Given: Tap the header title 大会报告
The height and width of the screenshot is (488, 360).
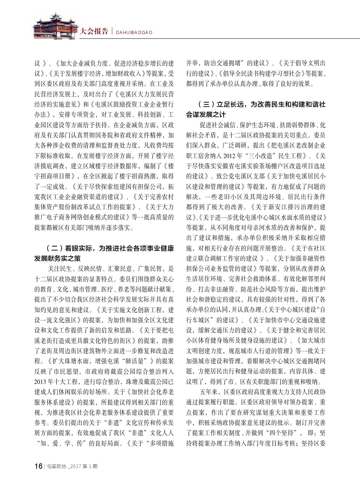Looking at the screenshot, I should click(94, 32).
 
